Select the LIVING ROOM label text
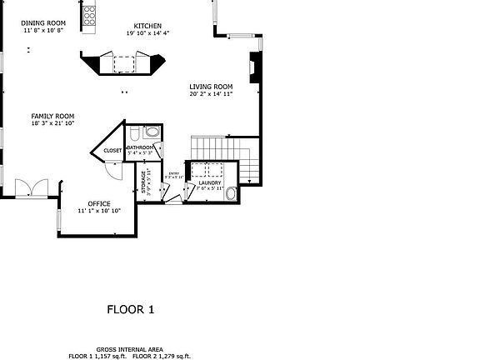(210, 86)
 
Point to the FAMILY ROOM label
(53, 116)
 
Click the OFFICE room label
(99, 203)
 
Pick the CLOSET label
(112, 151)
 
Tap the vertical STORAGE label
(143, 182)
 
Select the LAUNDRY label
(209, 182)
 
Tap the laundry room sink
(232, 195)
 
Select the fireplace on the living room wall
(255, 68)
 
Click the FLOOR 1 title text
(131, 310)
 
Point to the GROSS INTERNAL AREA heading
(129, 349)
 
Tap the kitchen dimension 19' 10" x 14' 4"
(147, 33)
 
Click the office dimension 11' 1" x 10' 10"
(99, 211)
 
